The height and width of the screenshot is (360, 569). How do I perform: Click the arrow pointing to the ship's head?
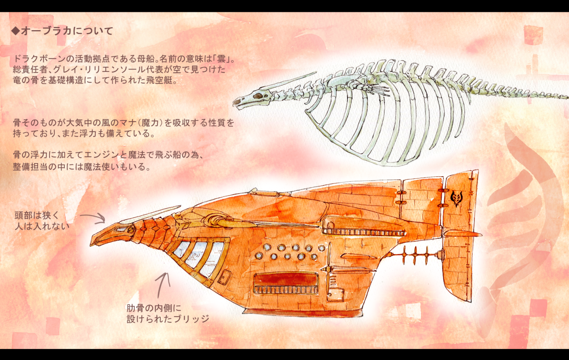(93, 217)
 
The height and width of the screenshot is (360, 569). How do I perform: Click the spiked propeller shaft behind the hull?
(414, 255)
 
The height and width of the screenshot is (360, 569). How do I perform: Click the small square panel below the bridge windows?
(224, 277)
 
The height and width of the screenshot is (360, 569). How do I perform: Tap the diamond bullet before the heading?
(16, 31)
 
